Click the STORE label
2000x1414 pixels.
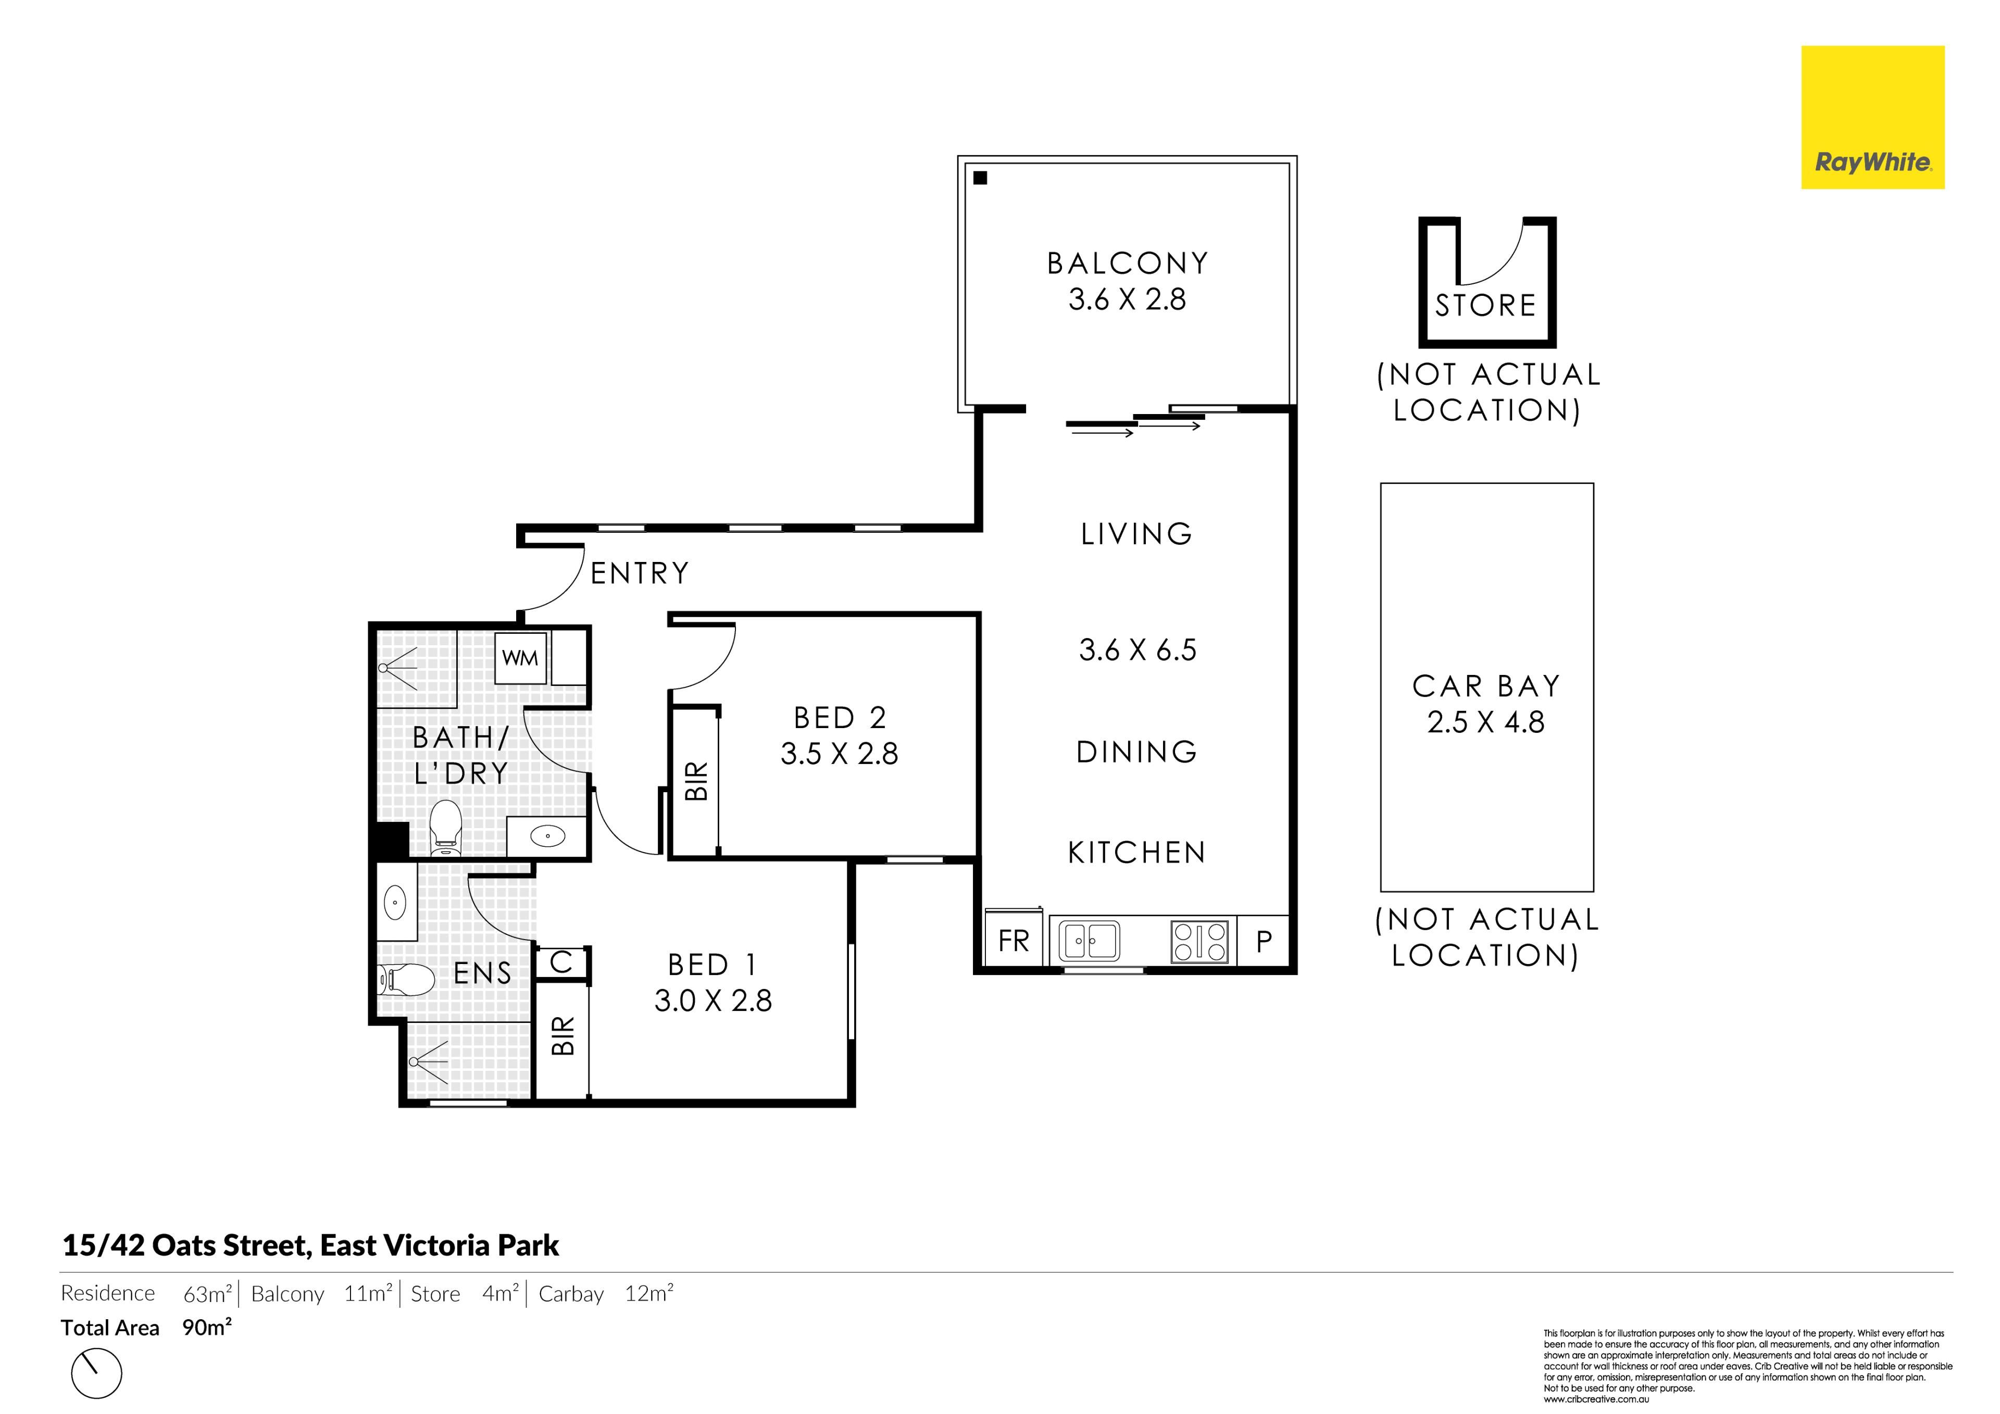pyautogui.click(x=1485, y=306)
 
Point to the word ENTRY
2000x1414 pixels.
pyautogui.click(x=640, y=573)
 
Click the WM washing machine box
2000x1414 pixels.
pyautogui.click(x=520, y=658)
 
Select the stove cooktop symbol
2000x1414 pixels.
pyautogui.click(x=1201, y=941)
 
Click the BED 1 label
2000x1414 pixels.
pyautogui.click(x=712, y=965)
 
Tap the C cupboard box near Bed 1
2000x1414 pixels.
pyautogui.click(x=562, y=962)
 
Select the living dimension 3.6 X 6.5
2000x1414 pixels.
pyautogui.click(x=1137, y=650)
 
